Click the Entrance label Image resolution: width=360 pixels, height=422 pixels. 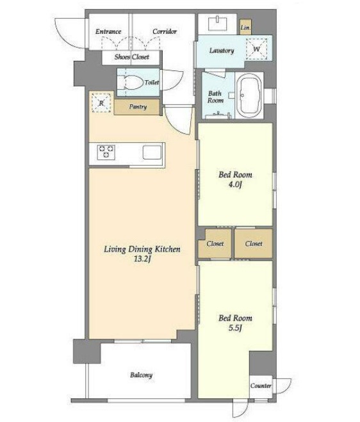point(108,31)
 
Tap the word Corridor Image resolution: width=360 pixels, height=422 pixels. point(165,31)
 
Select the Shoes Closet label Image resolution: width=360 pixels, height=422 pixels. point(132,57)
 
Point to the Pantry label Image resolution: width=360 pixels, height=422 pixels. point(138,106)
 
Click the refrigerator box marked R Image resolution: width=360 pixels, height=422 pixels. point(101,102)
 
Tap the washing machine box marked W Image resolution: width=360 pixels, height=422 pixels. point(257,49)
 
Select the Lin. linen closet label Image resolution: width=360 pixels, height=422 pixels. point(245,28)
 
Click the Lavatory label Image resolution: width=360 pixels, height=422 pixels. point(222,51)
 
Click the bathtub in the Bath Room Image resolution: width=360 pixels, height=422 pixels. point(250,95)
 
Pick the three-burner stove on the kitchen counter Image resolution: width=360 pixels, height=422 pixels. point(106,152)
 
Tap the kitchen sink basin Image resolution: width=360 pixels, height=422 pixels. point(152,152)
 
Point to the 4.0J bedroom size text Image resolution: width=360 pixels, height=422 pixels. point(235,184)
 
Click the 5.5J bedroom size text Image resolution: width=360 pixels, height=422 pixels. point(235,328)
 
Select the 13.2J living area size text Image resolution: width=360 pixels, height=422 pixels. point(142,259)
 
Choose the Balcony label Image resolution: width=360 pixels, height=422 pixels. point(142,375)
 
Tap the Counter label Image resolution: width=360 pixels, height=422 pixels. point(261,385)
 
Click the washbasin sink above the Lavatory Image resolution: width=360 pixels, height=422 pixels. point(218,24)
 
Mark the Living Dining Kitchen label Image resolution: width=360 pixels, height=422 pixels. point(142,249)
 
